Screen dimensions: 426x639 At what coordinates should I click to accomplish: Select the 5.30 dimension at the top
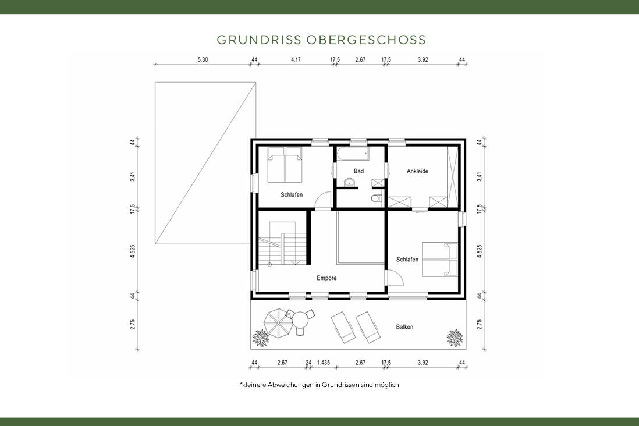click(203, 59)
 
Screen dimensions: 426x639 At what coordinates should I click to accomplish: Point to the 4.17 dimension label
click(296, 59)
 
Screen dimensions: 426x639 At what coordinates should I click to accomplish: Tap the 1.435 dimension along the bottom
click(324, 363)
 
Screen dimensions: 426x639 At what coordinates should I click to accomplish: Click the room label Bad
click(358, 171)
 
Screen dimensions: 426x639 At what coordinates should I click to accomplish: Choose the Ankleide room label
click(417, 171)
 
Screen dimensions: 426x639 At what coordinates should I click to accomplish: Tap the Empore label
click(326, 278)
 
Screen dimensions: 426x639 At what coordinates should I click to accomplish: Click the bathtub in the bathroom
click(352, 154)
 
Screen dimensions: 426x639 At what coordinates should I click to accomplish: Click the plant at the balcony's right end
click(454, 337)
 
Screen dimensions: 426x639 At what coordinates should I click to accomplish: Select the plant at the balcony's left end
click(260, 337)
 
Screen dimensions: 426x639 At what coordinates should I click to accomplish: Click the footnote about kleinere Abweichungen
click(319, 385)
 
